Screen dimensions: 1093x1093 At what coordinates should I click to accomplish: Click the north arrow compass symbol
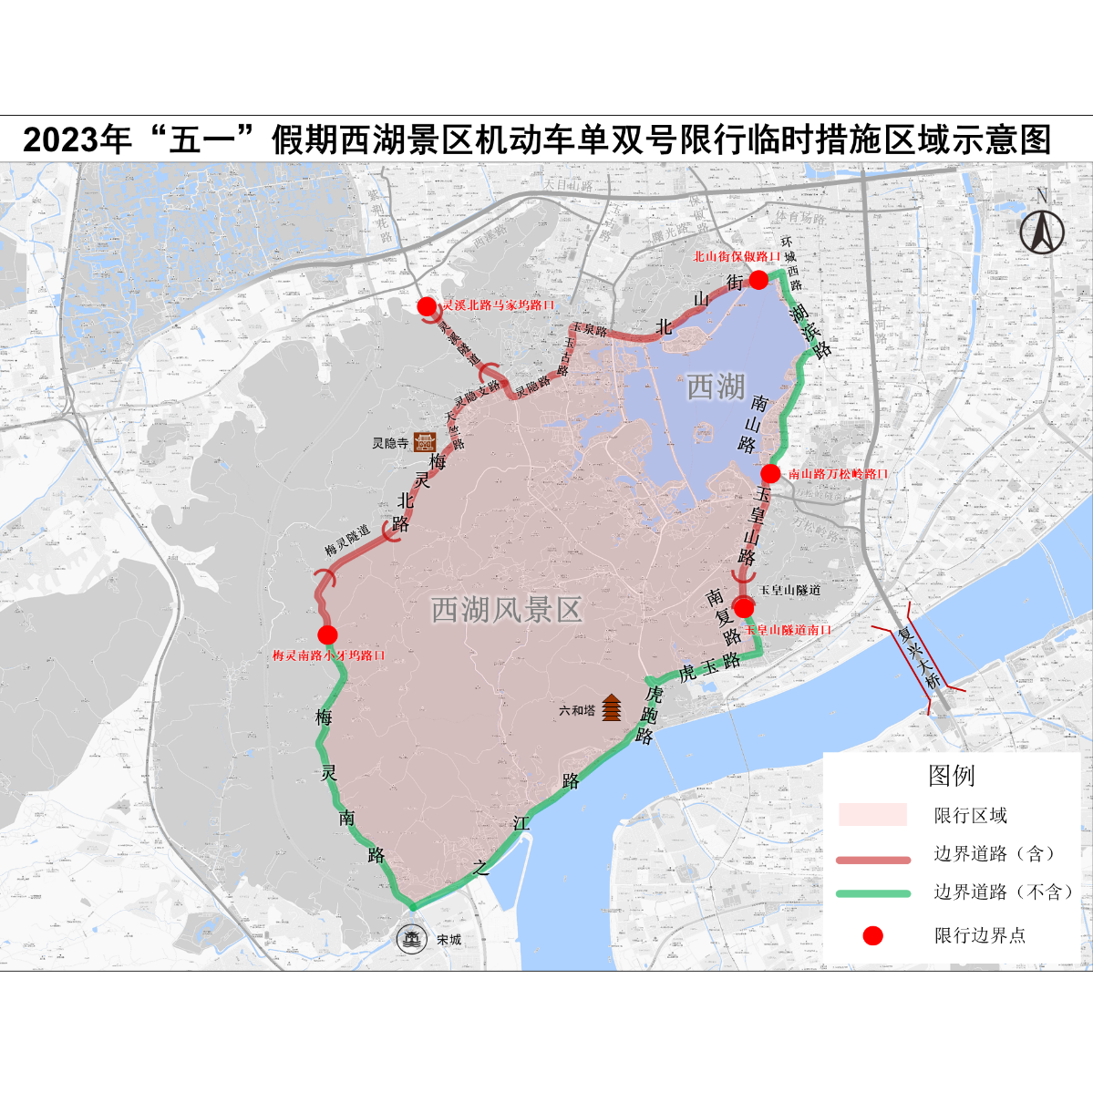point(1041,228)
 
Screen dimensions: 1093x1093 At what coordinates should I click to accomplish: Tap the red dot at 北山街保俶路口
point(758,280)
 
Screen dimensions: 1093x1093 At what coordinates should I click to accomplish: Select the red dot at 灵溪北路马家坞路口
point(427,306)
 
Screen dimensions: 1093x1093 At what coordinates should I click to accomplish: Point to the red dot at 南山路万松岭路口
point(770,473)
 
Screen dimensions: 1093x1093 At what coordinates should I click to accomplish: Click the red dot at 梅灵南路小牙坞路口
point(327,634)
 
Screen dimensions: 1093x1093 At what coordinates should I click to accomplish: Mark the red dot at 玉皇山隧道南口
point(744,608)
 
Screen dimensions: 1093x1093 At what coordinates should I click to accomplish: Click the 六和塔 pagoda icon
point(612,706)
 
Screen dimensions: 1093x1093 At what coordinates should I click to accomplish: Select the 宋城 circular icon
point(412,938)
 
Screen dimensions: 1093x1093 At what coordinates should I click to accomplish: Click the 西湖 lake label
point(716,387)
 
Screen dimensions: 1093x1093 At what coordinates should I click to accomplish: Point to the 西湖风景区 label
point(506,610)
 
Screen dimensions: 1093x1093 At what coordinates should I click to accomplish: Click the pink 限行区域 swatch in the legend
point(872,814)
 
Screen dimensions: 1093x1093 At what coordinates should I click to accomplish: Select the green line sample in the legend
point(872,893)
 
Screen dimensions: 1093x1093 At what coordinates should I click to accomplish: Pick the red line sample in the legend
point(872,859)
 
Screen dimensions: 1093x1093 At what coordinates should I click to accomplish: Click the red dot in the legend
point(872,935)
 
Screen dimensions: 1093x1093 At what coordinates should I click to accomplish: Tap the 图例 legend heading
point(951,776)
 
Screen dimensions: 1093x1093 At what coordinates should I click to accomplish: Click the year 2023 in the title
point(61,140)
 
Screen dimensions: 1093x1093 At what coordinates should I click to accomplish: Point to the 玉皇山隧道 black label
point(789,591)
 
